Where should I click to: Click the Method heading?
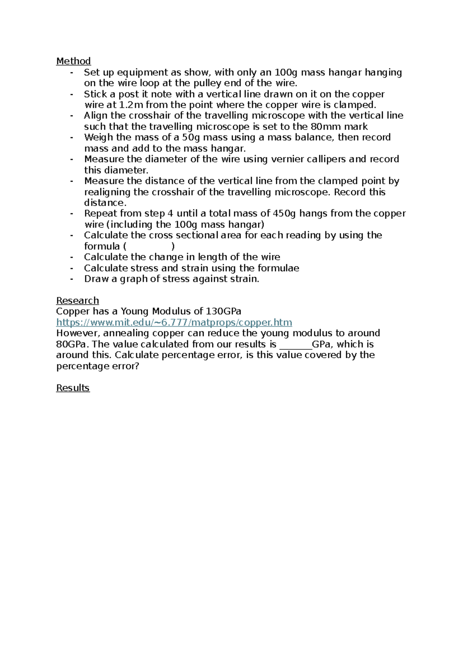(73, 61)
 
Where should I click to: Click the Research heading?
(77, 301)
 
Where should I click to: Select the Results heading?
(73, 388)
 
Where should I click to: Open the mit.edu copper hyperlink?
(174, 322)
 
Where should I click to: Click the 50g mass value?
(191, 138)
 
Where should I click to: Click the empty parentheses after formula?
(149, 246)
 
